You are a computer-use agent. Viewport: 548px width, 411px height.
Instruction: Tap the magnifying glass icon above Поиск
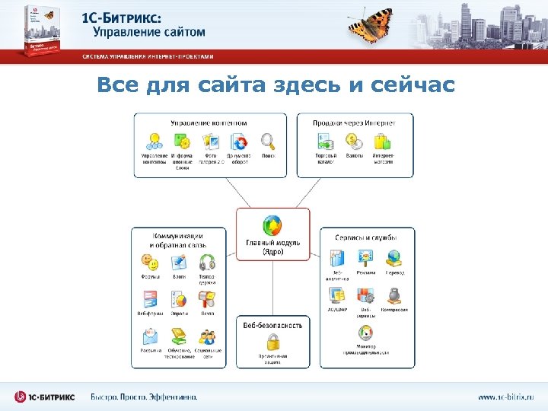pyautogui.click(x=267, y=142)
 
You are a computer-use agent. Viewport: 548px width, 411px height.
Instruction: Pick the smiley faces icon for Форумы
pyautogui.click(x=151, y=263)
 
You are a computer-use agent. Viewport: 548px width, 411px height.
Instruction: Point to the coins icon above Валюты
pyautogui.click(x=354, y=141)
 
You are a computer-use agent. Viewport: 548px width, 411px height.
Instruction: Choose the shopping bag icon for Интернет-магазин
pyautogui.click(x=382, y=141)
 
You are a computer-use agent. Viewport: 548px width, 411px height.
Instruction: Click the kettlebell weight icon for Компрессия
pyautogui.click(x=394, y=295)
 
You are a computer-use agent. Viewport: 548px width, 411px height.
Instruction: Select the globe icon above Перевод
pyautogui.click(x=394, y=257)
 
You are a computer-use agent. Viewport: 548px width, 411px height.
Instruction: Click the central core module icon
pyautogui.click(x=272, y=226)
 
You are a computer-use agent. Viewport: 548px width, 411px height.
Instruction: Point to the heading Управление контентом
pyautogui.click(x=209, y=122)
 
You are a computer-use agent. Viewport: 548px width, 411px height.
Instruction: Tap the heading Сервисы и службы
pyautogui.click(x=365, y=237)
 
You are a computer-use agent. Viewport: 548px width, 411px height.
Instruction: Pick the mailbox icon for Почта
pyautogui.click(x=207, y=299)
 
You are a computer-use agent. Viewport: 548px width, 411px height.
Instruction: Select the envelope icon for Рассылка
pyautogui.click(x=150, y=336)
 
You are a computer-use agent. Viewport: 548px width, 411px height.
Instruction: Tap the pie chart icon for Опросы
pyautogui.click(x=179, y=299)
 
